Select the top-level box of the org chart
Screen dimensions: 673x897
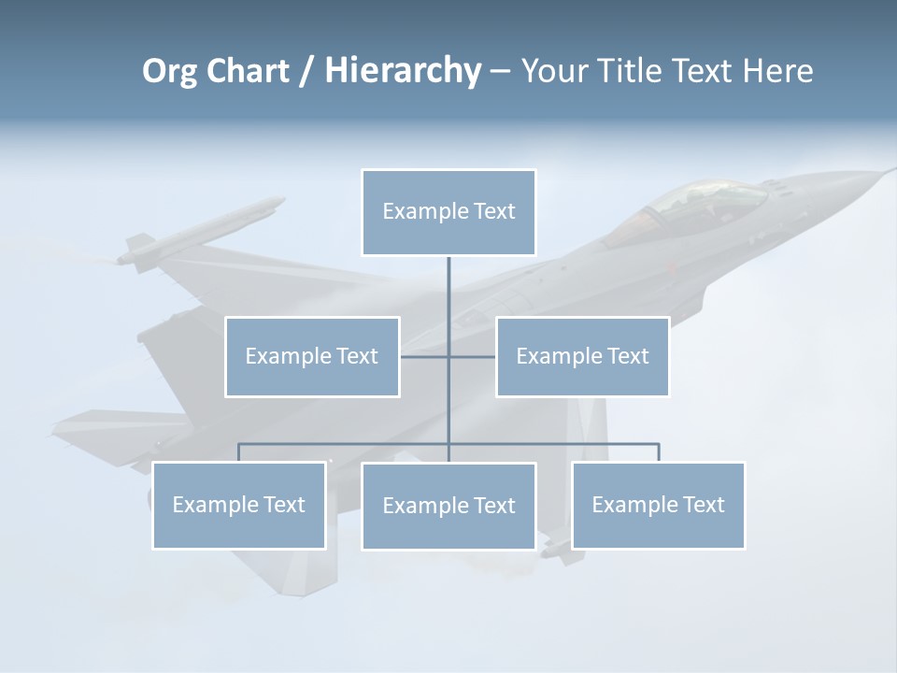pos(448,212)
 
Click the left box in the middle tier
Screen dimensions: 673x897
pos(312,356)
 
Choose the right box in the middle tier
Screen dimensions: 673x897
pos(582,356)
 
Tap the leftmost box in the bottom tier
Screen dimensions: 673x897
pos(238,505)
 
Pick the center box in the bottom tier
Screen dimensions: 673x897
pos(448,506)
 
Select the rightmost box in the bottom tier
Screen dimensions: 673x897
pos(658,505)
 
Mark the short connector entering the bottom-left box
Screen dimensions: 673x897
pos(238,452)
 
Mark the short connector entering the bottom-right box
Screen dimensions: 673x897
pos(659,452)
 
